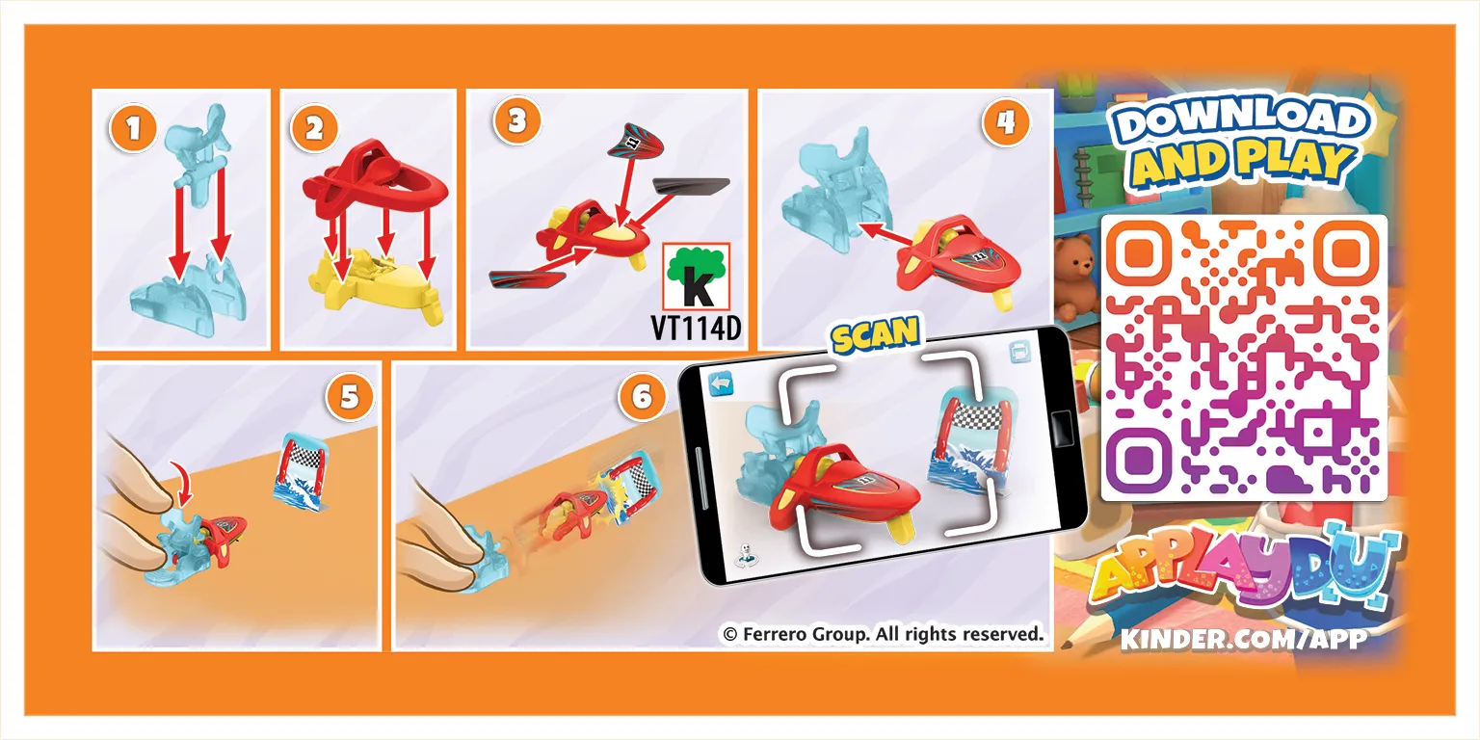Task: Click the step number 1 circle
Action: [133, 127]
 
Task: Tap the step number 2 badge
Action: [314, 127]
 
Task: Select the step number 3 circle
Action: [517, 120]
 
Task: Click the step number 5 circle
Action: [350, 396]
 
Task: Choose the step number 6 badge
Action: [643, 396]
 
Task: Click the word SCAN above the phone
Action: [875, 335]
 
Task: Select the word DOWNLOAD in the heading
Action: [1240, 123]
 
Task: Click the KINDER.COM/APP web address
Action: [1244, 639]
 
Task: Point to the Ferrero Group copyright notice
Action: [883, 634]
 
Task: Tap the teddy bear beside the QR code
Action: [1075, 277]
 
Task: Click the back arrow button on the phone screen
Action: [721, 384]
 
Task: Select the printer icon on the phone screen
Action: [1020, 351]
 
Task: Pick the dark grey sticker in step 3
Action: [691, 187]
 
